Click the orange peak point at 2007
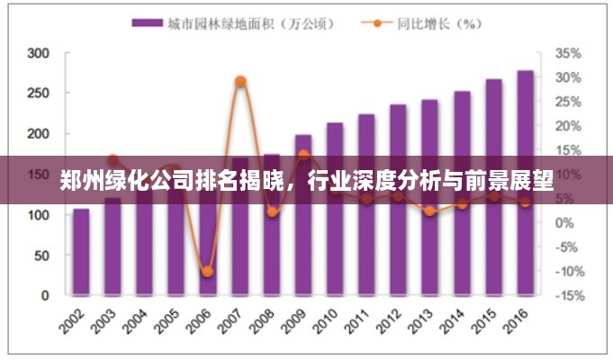coord(240,81)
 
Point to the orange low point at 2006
coord(207,271)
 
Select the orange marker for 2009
coord(303,155)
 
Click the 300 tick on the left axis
coord(37,53)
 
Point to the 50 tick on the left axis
coord(41,256)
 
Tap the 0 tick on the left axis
coord(45,295)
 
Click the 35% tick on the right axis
coord(568,53)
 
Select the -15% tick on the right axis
coord(568,295)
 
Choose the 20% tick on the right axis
coord(568,126)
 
